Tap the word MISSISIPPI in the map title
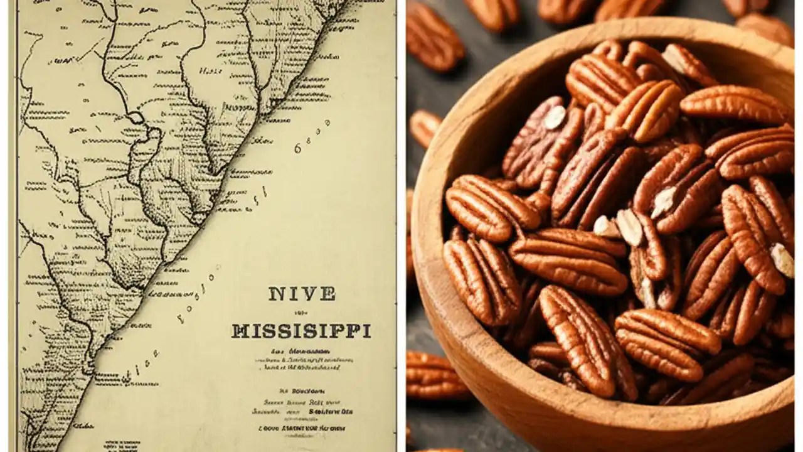pos(301,331)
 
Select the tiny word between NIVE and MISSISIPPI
pos(301,313)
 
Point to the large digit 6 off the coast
pos(297,149)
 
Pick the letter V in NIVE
pos(304,294)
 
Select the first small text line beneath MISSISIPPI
pos(300,352)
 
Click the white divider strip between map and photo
pos(401,226)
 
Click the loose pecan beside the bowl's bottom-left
pos(434,375)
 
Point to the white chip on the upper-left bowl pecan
pos(555,117)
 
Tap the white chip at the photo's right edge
pos(782,259)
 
